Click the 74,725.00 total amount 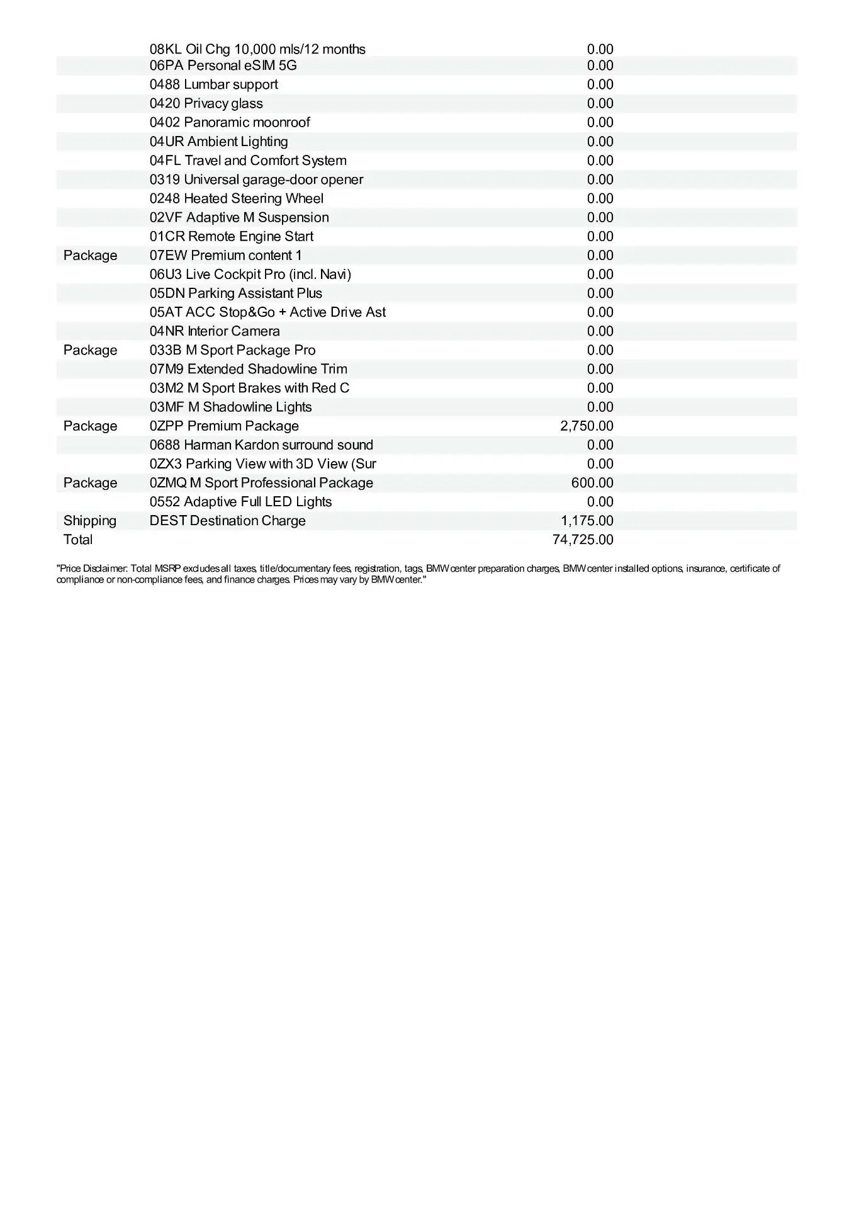coord(582,540)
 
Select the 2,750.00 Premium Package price coord(587,426)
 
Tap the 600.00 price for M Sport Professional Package coord(592,483)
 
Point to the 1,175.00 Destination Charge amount coord(587,521)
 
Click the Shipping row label coord(90,521)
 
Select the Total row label coord(78,540)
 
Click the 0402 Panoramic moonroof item coord(230,122)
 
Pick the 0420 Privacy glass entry coord(206,103)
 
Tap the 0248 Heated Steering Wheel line coord(236,198)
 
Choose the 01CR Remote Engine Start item coord(231,236)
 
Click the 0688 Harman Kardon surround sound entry coord(261,445)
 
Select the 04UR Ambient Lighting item coord(218,142)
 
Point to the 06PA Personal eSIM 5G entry coord(223,65)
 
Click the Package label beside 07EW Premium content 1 coord(90,256)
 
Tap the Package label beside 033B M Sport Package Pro coord(90,350)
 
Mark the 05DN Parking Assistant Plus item coord(235,293)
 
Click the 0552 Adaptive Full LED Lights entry coord(240,502)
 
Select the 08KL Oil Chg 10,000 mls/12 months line coord(257,49)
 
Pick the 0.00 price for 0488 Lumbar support coord(600,84)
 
